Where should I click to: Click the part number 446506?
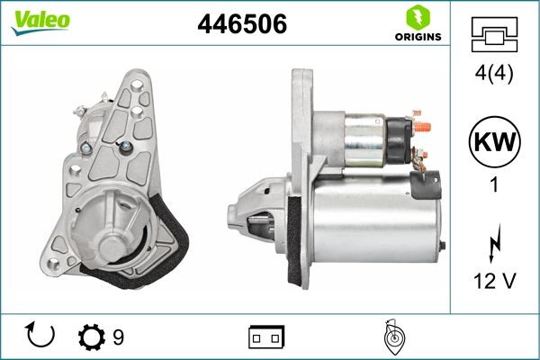click(x=242, y=25)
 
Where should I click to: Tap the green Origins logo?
click(x=418, y=23)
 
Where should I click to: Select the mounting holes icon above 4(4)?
click(x=496, y=35)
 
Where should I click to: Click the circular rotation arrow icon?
click(x=41, y=337)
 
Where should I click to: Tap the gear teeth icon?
click(x=92, y=337)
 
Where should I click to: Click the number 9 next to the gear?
click(x=118, y=337)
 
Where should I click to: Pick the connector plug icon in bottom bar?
click(x=265, y=337)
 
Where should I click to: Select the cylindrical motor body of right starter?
click(x=373, y=220)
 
